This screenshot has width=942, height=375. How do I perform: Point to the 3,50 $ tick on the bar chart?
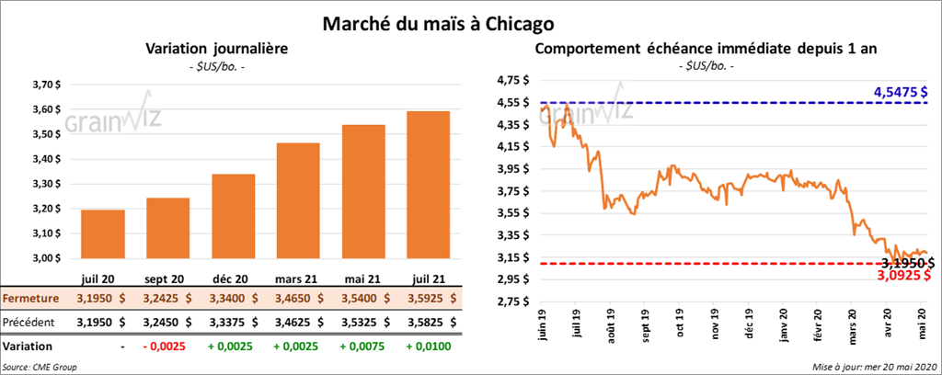click(x=47, y=135)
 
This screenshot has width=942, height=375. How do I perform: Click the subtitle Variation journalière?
click(x=213, y=49)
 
